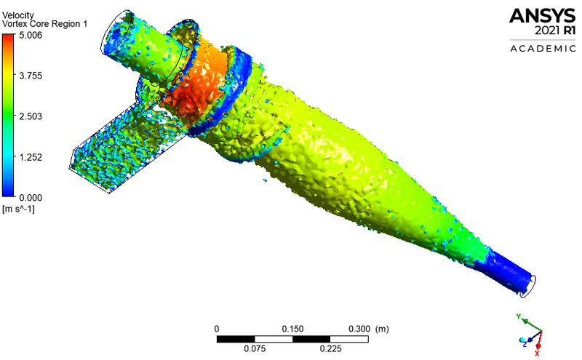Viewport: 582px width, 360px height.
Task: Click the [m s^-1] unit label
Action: [20, 209]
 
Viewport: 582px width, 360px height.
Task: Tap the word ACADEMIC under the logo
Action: [542, 49]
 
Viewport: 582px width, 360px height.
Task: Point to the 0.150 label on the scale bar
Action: [293, 329]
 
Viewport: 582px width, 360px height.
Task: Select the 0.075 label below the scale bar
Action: [255, 348]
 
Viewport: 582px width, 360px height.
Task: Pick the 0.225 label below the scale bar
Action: [332, 348]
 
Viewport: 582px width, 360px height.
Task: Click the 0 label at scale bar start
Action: [217, 329]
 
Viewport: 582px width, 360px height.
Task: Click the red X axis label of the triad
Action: [537, 353]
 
